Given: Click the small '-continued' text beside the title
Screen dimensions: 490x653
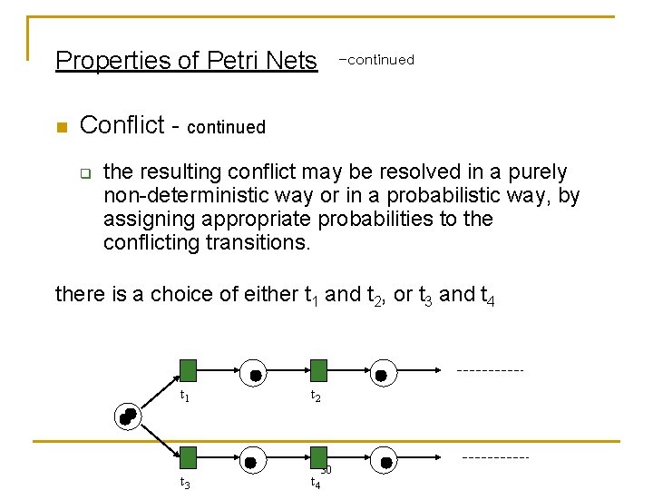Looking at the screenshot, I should point(375,60).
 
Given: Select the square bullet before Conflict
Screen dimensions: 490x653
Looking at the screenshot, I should point(61,127).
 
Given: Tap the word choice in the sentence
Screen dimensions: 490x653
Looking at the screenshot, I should point(179,294).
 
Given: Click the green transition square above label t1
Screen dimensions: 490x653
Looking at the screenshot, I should point(188,370).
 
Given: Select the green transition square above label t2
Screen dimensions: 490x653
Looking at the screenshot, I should point(318,370).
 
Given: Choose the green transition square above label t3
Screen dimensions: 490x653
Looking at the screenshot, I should point(188,457).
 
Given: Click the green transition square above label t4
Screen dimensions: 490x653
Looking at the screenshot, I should point(318,457).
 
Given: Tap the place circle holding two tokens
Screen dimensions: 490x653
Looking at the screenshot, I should point(128,415).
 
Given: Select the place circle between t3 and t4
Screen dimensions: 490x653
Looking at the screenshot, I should point(255,461).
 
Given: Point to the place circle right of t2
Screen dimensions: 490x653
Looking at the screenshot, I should point(381,374).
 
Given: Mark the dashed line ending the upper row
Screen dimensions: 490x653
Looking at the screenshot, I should point(490,370).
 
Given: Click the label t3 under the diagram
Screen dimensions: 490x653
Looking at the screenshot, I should point(185,483).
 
